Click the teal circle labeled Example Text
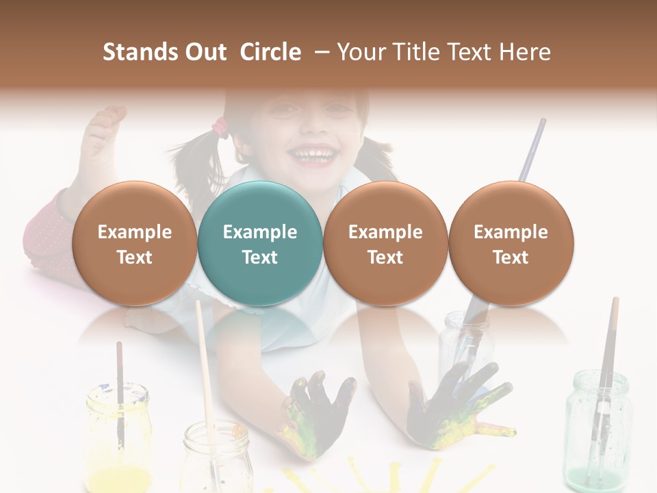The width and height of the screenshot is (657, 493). point(259,243)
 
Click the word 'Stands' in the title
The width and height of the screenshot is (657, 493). point(140,52)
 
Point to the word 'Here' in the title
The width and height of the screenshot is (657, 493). point(525,52)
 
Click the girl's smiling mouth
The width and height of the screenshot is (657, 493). point(314,154)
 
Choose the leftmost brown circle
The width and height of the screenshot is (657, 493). point(134,243)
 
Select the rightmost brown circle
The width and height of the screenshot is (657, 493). point(511,243)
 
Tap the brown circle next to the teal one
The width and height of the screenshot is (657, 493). point(385,243)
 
